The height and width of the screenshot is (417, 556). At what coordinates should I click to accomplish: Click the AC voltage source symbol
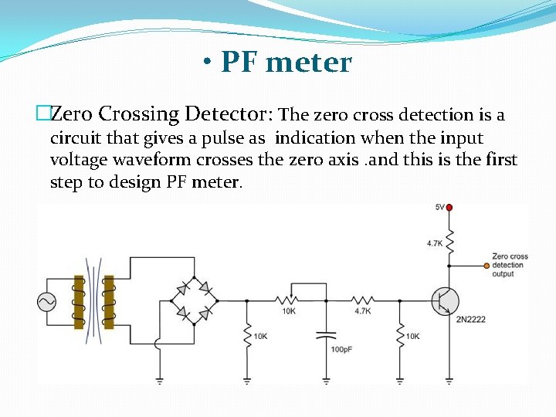(x=46, y=302)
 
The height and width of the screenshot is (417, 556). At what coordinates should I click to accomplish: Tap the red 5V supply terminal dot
(x=449, y=207)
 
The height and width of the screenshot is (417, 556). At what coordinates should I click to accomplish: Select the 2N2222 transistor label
(x=470, y=320)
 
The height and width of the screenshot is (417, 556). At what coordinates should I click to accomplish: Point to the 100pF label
(x=341, y=350)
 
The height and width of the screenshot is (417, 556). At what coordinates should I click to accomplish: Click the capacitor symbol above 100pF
(x=326, y=336)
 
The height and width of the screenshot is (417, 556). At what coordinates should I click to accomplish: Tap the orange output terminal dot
(x=486, y=265)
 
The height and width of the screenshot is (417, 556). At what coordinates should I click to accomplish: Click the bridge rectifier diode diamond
(x=193, y=300)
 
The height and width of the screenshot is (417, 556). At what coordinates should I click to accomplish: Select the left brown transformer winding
(x=79, y=302)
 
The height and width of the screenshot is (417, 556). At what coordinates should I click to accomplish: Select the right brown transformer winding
(x=109, y=302)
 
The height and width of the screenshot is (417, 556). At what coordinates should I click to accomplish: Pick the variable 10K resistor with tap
(x=289, y=300)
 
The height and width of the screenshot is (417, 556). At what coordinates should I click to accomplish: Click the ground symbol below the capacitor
(x=326, y=380)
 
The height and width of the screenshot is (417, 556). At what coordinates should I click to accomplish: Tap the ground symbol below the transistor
(x=449, y=380)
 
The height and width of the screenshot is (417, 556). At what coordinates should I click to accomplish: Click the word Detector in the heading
(x=229, y=114)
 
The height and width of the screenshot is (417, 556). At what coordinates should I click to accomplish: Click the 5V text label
(x=439, y=207)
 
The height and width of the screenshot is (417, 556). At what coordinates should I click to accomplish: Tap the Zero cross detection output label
(x=509, y=265)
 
